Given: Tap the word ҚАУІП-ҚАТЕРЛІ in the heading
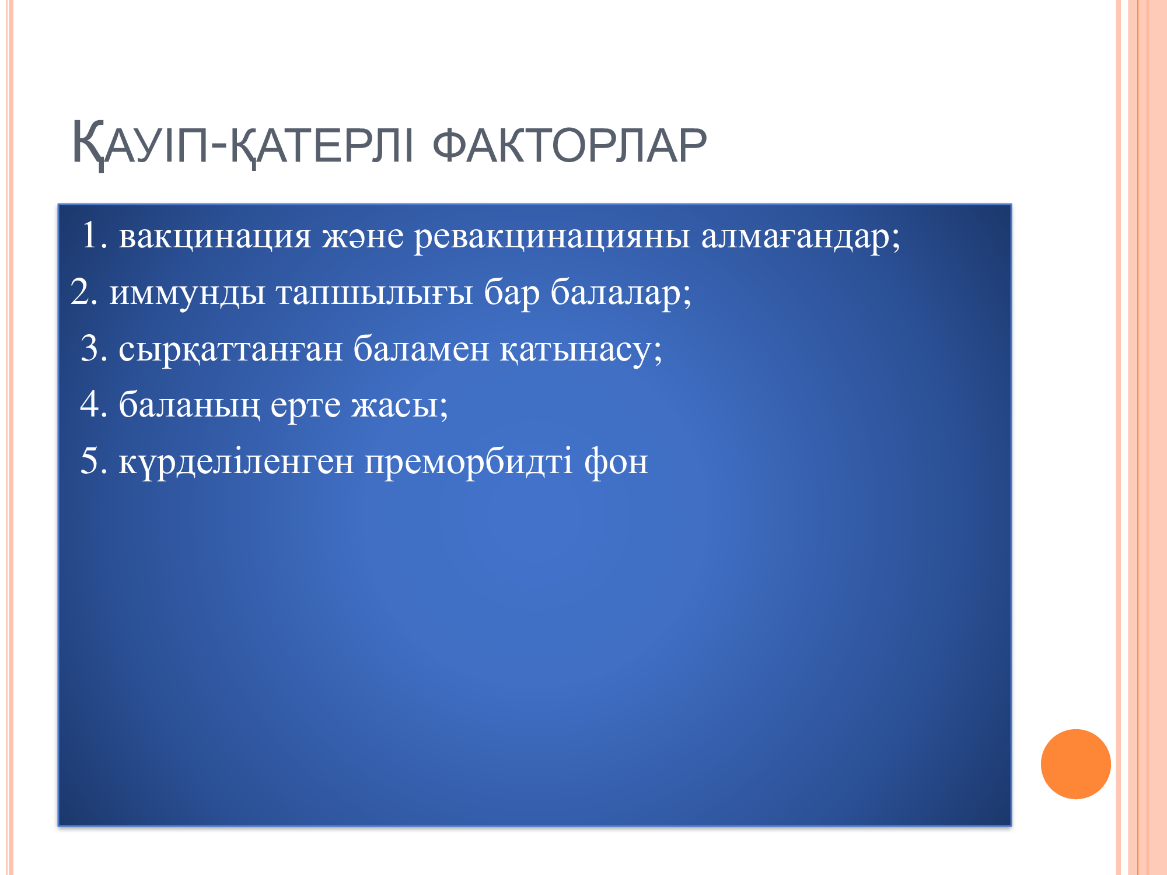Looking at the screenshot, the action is (x=242, y=145).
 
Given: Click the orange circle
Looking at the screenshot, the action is (x=1075, y=764).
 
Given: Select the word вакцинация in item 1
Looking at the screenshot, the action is (x=215, y=237).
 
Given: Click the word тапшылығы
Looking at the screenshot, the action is (x=375, y=293).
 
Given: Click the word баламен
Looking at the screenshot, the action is (x=421, y=348).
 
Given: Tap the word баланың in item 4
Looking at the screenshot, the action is (x=189, y=404).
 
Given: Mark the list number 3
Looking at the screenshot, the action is (x=94, y=348).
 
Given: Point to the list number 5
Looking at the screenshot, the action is (x=94, y=461).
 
